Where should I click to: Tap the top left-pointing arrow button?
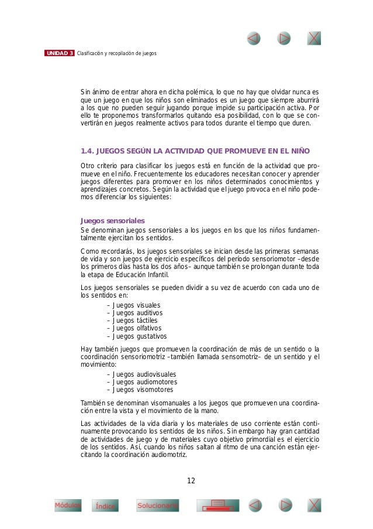(254, 38)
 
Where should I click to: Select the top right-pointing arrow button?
(284, 38)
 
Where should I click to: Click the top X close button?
(314, 38)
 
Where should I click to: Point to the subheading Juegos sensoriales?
(112, 220)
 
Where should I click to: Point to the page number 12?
(191, 481)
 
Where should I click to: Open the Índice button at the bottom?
(106, 506)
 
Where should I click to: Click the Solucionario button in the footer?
(157, 505)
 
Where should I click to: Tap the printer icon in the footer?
(217, 505)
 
